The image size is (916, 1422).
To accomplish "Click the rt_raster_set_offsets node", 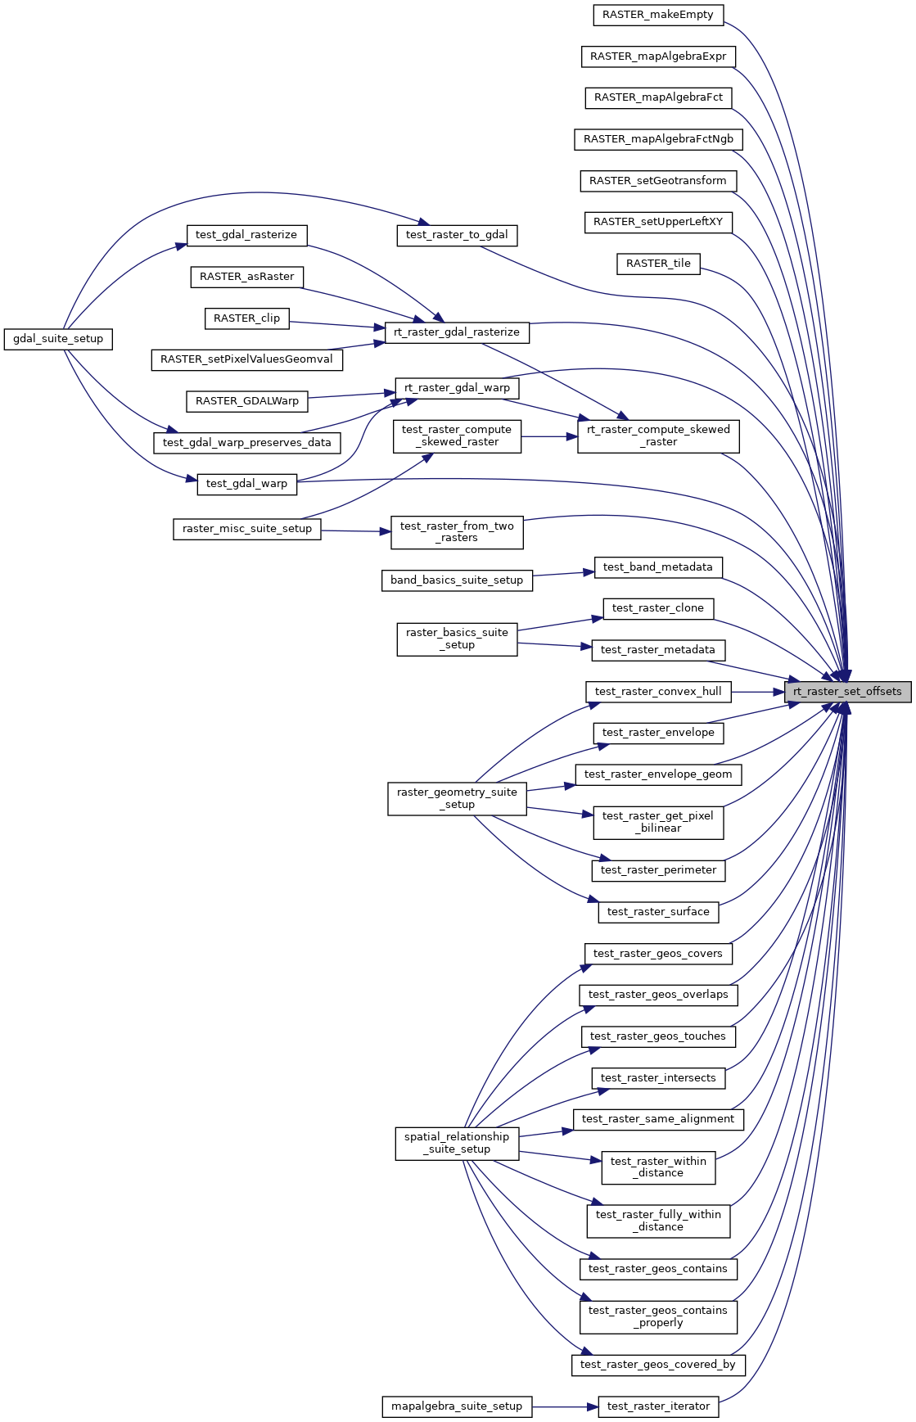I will click(x=847, y=692).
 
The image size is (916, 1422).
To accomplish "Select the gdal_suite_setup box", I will click(x=58, y=339).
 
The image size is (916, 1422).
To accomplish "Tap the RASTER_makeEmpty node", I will click(x=658, y=15).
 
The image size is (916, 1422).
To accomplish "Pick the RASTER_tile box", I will click(x=658, y=264).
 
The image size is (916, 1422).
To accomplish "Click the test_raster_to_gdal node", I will click(x=457, y=235).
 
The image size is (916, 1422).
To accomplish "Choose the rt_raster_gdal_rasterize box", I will click(x=457, y=332).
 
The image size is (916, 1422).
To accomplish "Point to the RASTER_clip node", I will click(x=246, y=318).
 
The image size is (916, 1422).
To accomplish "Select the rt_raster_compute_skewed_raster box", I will click(x=658, y=436).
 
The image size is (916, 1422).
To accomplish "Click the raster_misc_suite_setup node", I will click(x=247, y=529).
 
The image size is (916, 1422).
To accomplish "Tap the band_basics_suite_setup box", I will click(x=457, y=580).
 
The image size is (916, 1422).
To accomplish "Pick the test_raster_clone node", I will click(x=658, y=608).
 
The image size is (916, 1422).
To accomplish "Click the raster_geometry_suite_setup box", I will click(x=457, y=798).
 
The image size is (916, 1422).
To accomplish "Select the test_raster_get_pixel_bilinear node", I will click(x=658, y=822).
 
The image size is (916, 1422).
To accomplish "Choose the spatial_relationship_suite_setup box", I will click(x=457, y=1143).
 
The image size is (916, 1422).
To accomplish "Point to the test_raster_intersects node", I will click(x=658, y=1078).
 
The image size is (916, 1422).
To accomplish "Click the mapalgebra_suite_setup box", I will click(x=457, y=1406).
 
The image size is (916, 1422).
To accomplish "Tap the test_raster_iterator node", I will click(x=658, y=1406).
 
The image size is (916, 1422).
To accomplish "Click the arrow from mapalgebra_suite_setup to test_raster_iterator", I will click(x=565, y=1406).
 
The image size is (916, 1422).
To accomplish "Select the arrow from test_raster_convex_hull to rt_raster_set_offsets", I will click(x=758, y=692).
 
